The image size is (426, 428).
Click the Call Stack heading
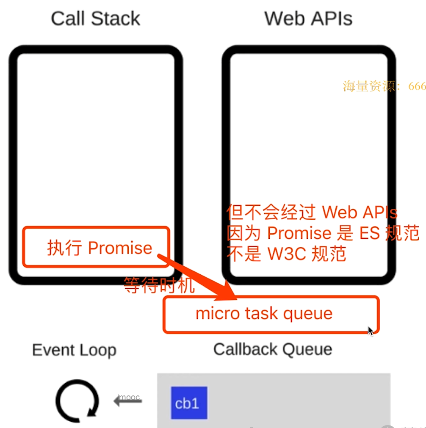click(x=95, y=19)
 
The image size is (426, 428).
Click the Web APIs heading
click(x=308, y=19)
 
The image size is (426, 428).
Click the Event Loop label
click(x=74, y=351)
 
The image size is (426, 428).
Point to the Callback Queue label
click(x=272, y=350)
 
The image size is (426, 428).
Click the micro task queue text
click(x=264, y=314)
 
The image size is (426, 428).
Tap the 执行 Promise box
click(x=97, y=248)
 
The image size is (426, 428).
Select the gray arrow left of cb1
click(x=128, y=401)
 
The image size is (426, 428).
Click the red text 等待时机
click(x=159, y=286)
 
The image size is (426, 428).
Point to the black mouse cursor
click(x=371, y=331)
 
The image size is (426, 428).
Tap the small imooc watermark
click(x=128, y=398)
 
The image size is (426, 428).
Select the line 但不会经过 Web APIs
click(x=312, y=212)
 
